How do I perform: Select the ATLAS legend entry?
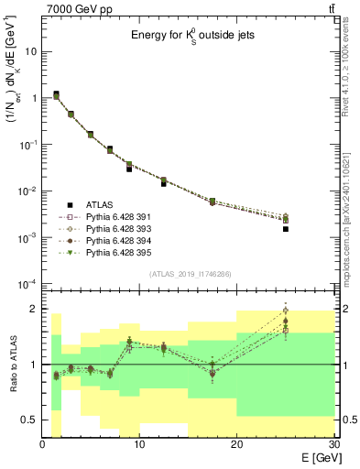click(101, 205)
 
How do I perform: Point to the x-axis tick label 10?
click(139, 445)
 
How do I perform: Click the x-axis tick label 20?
click(236, 445)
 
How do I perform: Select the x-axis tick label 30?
click(333, 445)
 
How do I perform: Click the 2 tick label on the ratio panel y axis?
click(34, 309)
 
